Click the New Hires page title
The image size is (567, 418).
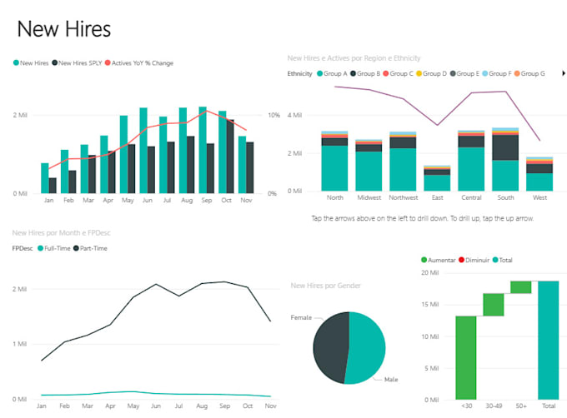coord(63,29)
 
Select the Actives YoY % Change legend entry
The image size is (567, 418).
coord(143,62)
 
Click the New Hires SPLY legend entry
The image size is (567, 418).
coord(79,62)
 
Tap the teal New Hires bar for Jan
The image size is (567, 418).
coord(45,178)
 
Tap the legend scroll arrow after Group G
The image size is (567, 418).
coord(564,73)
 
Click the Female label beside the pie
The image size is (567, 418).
coord(300,317)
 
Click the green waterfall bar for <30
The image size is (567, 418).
coord(465,356)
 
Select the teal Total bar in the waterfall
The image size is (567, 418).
coord(548,339)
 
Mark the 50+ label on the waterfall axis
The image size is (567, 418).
coord(520,405)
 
